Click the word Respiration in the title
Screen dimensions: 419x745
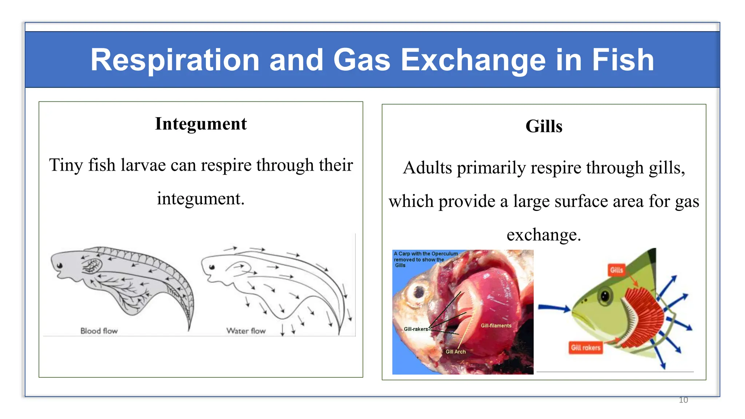coord(175,60)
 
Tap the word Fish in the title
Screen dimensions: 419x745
coord(623,60)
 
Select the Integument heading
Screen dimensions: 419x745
coord(201,124)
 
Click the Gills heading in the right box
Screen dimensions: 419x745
coord(543,127)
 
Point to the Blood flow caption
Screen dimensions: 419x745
coord(99,331)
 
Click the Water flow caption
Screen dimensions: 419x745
coord(246,331)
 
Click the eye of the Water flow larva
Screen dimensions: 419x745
coord(212,267)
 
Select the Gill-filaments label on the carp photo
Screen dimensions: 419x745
coord(496,326)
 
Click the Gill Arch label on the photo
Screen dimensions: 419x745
coord(455,352)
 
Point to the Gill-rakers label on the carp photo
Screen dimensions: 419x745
coord(416,329)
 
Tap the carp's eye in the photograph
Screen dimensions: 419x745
coord(419,291)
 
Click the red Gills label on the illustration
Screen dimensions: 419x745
coord(616,270)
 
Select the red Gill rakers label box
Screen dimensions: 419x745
coord(585,348)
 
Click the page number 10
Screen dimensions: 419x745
coord(683,400)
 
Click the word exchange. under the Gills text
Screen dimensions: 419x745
coord(543,235)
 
